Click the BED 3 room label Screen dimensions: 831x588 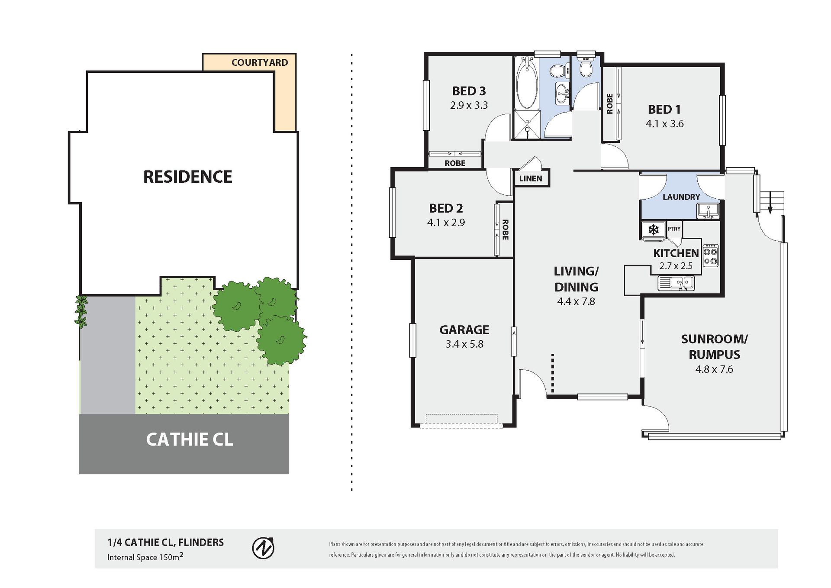coord(469,91)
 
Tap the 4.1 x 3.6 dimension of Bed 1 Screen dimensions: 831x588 coord(664,124)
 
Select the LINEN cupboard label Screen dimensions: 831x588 coord(531,178)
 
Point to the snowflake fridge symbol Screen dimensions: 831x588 coord(654,229)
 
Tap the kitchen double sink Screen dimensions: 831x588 coord(676,283)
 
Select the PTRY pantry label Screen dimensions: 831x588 coord(674,229)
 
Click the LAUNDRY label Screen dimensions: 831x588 coord(681,197)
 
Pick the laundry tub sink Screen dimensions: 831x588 coord(708,210)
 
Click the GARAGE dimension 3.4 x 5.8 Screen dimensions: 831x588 coord(464,344)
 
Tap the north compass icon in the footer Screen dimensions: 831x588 coord(263,548)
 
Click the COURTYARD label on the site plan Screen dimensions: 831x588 coord(260,63)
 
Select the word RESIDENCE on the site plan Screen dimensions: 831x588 coord(188,177)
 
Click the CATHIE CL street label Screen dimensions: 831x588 coord(190,439)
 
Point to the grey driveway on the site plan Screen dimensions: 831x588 coord(108,355)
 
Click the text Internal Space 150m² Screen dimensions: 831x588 coord(145,557)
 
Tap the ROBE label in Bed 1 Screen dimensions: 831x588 coord(610,104)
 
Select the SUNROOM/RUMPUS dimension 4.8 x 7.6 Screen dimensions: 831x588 coord(714,369)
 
